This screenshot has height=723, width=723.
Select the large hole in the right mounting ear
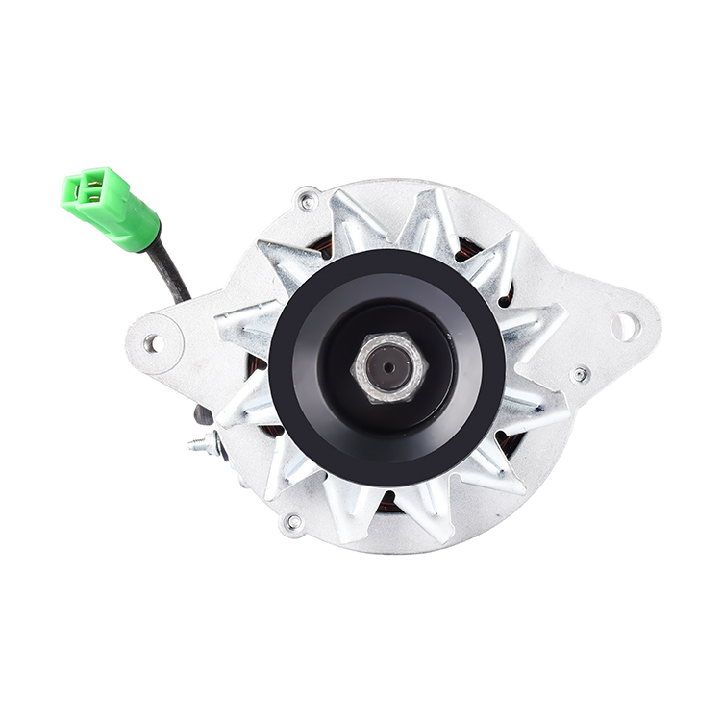(x=624, y=326)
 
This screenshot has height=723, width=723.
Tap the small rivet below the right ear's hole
(x=580, y=374)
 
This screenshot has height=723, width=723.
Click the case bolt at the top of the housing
(x=308, y=200)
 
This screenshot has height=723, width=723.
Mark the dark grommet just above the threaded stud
(x=202, y=415)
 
